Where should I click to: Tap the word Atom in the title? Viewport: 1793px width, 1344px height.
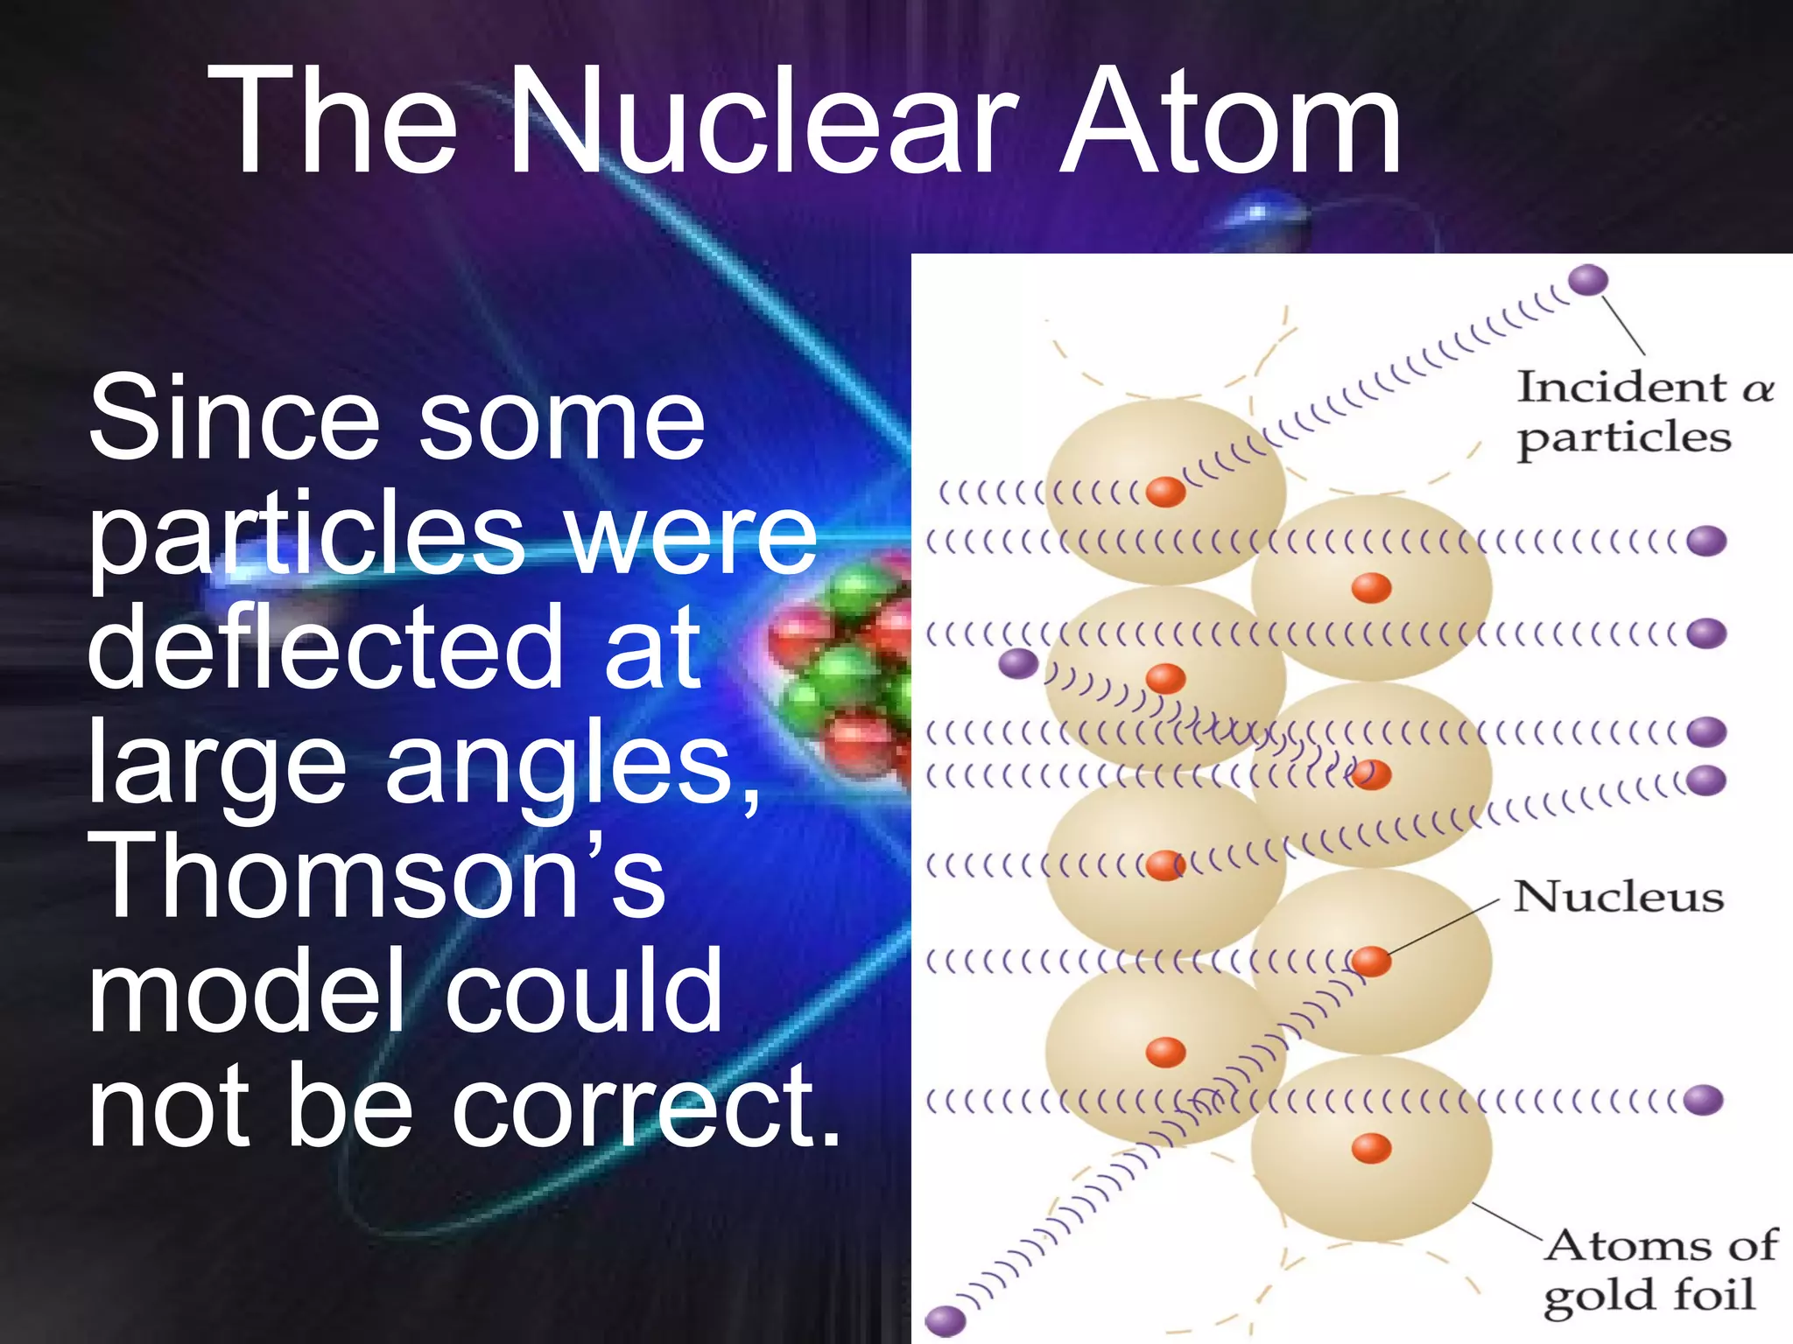pos(1229,122)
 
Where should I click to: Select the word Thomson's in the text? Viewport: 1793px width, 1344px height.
pos(376,875)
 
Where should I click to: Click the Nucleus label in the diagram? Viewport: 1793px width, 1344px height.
pos(1618,897)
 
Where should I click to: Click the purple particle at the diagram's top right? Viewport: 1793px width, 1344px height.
pos(1587,281)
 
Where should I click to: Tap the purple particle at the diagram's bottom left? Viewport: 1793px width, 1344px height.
pos(945,1319)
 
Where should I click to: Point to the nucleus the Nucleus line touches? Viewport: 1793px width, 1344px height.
pos(1371,961)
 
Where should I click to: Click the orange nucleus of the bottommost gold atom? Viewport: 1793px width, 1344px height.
pos(1371,1147)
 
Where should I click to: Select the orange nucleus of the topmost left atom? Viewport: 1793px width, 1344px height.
pos(1165,491)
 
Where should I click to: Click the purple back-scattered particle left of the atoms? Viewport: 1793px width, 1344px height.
pos(1018,663)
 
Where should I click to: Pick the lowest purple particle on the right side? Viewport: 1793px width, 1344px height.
pos(1703,1099)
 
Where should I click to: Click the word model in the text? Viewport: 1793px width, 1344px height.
pos(245,990)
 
